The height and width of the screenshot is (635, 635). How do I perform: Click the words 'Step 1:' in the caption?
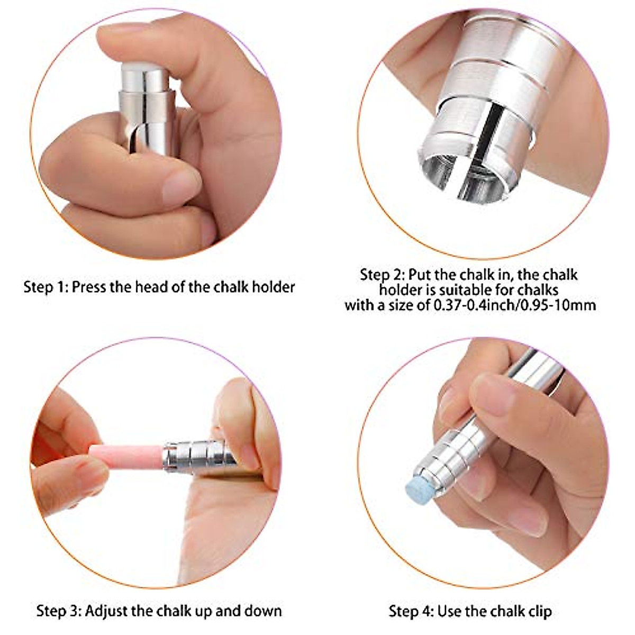pos(46,287)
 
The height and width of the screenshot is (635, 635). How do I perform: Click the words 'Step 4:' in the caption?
pos(411,611)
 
